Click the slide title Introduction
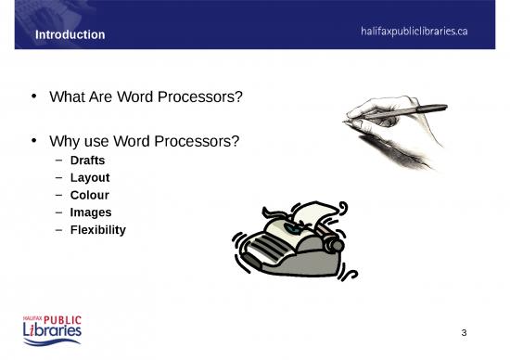(70, 35)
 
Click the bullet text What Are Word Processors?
(146, 96)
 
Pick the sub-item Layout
(90, 178)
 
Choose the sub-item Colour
(90, 196)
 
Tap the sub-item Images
(91, 212)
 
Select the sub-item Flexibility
(97, 229)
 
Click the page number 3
(464, 332)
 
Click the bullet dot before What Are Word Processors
(34, 96)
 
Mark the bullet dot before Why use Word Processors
(34, 142)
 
